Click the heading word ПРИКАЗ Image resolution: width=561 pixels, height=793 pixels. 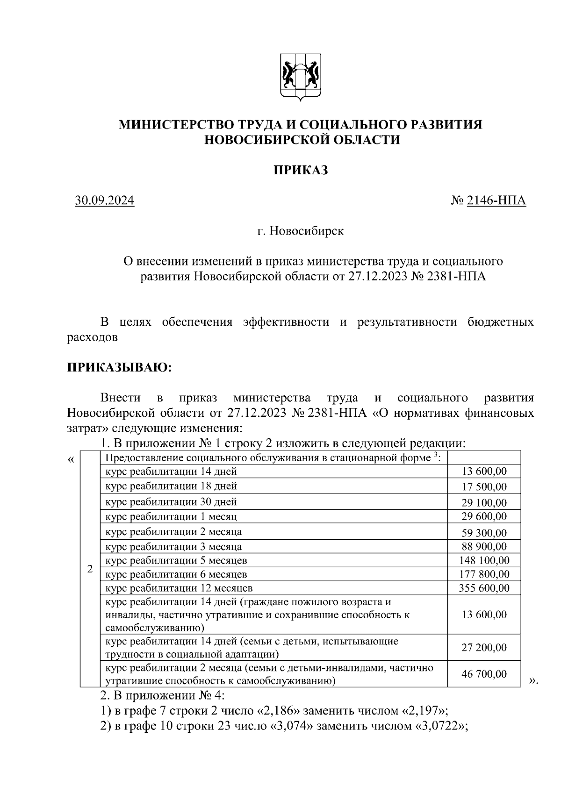301,170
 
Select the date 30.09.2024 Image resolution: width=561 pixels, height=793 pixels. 105,200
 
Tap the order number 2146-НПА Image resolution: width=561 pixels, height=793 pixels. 496,200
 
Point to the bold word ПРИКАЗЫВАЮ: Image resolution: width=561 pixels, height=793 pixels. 120,367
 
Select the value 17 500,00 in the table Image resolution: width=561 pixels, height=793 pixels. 484,486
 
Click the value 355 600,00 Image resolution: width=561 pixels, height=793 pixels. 484,588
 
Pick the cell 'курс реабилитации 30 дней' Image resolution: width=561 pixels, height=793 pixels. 171,502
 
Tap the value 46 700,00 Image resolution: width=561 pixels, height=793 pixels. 484,674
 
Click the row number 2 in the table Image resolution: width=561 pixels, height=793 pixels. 90,569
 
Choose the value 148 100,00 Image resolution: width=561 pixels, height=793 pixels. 484,560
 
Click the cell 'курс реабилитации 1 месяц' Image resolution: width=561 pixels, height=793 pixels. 171,517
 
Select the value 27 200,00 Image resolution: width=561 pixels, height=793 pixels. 484,647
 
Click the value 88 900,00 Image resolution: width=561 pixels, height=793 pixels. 484,547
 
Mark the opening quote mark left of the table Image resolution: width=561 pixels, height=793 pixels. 71,460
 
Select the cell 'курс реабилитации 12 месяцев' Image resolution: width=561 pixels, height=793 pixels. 179,588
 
